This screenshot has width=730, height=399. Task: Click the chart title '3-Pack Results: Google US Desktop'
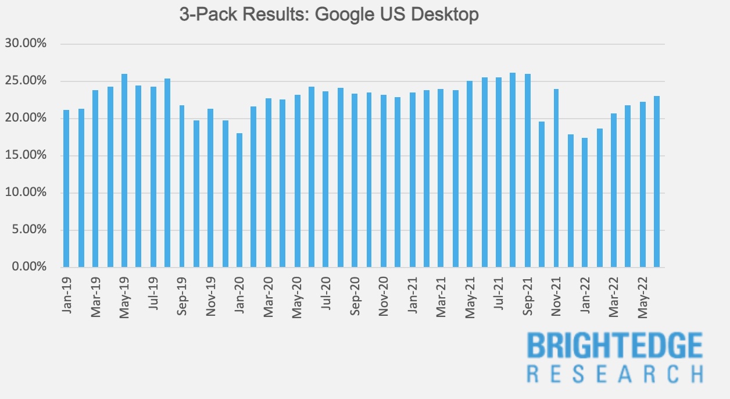click(x=329, y=14)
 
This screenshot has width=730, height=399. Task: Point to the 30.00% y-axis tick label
click(x=26, y=44)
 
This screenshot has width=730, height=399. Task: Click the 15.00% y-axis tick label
click(x=26, y=155)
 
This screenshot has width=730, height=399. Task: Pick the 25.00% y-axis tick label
click(x=26, y=81)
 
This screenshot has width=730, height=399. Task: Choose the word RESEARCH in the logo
click(x=615, y=373)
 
